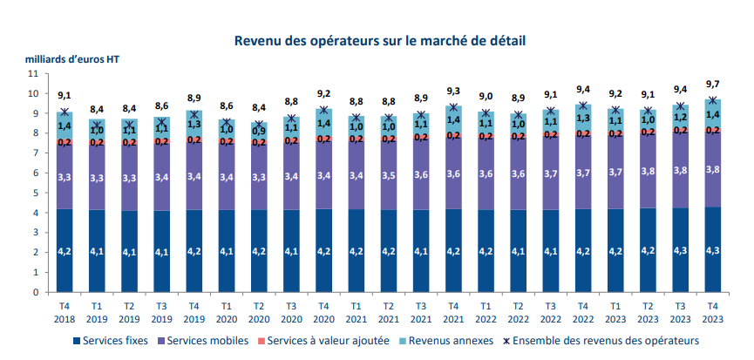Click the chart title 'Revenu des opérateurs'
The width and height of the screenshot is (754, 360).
379,40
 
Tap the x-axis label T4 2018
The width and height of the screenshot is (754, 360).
65,312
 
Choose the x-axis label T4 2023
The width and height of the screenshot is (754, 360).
712,312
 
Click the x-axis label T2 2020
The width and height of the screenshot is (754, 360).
259,312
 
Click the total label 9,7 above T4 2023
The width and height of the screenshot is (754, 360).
712,84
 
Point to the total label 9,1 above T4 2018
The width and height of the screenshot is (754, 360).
65,96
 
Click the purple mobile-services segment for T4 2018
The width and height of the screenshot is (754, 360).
65,177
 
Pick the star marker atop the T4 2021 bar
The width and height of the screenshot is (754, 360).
453,108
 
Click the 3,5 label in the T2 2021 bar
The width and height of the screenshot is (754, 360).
389,176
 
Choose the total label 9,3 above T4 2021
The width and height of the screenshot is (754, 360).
453,92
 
